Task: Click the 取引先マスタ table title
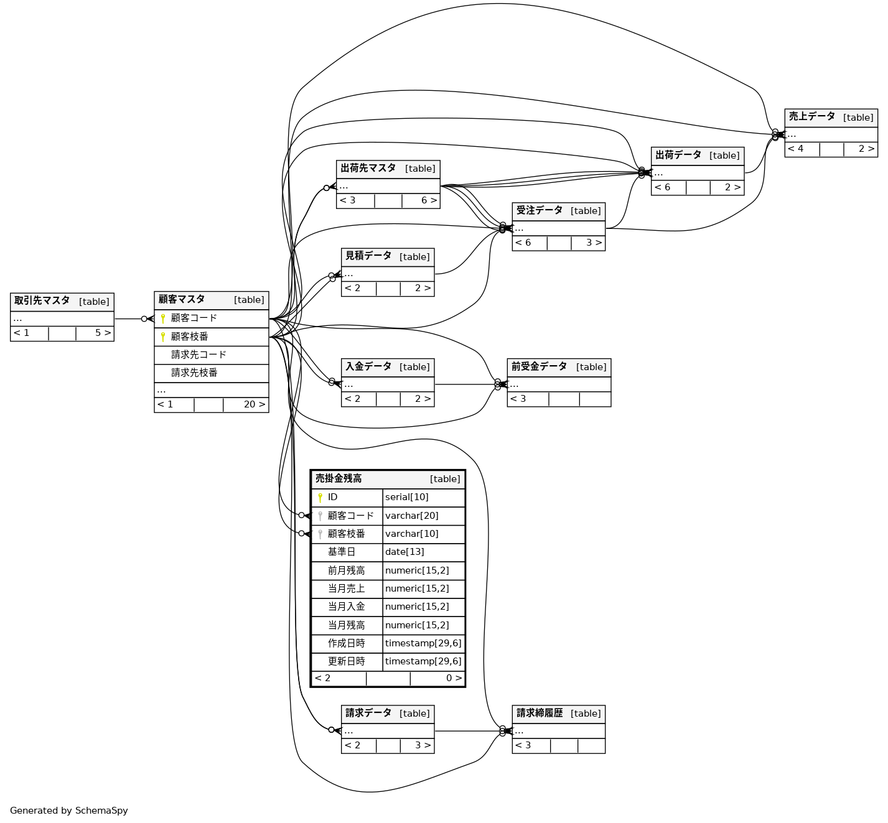pos(42,301)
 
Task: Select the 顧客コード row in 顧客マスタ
pos(194,318)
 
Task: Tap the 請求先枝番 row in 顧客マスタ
pos(194,373)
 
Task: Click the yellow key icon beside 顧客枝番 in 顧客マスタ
pos(163,337)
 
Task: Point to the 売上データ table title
pos(812,117)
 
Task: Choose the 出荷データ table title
pos(678,156)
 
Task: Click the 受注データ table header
pos(540,211)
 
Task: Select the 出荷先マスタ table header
pos(368,169)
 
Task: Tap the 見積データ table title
pos(368,256)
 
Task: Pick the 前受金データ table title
pos(540,367)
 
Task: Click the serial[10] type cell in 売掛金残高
pos(407,497)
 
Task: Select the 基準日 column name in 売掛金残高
pos(342,552)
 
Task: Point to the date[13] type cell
pos(404,552)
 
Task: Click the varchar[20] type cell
pos(412,516)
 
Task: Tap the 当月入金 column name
pos(347,607)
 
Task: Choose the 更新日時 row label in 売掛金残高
pos(347,661)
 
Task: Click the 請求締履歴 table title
pos(540,714)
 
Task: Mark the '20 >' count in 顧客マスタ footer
pos(254,404)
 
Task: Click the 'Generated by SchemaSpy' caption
pos(69,811)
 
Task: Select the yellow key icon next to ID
pos(320,498)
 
